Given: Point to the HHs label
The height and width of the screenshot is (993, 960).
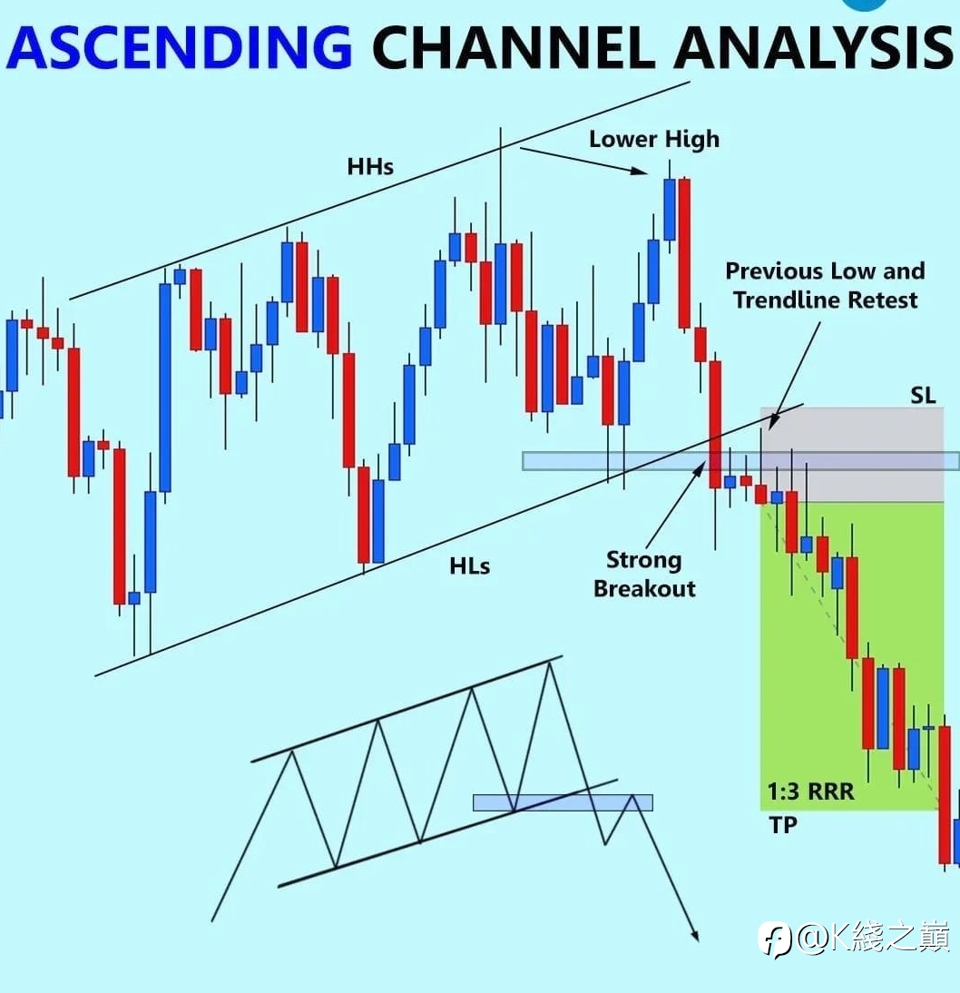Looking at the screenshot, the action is coord(370,166).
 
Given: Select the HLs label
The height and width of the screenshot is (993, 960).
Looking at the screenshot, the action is coord(469,565).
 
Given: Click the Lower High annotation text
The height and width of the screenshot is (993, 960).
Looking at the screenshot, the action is coord(654,139).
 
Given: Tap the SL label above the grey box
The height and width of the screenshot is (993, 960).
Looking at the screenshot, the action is coord(923,396).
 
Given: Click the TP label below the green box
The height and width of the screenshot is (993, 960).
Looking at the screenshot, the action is coord(782,824).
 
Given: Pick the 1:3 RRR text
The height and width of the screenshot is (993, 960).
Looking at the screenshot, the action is coord(810,791).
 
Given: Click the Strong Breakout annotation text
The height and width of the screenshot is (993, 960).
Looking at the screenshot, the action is coord(644,575).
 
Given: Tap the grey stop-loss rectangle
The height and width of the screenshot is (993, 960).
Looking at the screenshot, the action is coord(852,455).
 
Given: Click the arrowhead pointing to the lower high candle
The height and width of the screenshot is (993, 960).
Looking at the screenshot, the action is coord(640,170).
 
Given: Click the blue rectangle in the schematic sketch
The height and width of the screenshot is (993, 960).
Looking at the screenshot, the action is coord(563,802).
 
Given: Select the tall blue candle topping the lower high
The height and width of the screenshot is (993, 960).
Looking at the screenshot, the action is coord(670,209).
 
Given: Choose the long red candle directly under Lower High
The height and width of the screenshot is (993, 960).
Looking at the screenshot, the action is coord(684,253).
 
